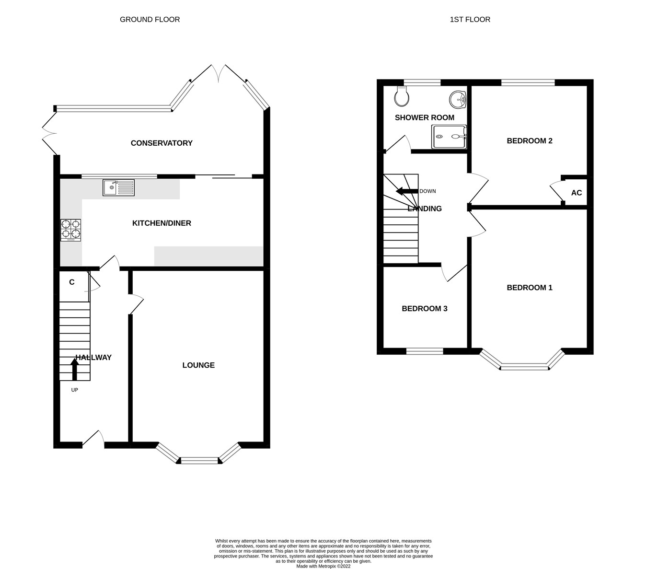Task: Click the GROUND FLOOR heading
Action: [150, 20]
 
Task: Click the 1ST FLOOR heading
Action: [470, 20]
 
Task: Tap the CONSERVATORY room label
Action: [162, 143]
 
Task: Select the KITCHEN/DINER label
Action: [162, 223]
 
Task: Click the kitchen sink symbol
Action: [118, 187]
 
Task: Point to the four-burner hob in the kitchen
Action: [70, 230]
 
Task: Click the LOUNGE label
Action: [198, 365]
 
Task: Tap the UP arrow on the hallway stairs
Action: [75, 370]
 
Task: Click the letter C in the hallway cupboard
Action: [72, 282]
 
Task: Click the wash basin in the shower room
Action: [458, 99]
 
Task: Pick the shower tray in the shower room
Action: [449, 137]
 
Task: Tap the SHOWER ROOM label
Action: [424, 117]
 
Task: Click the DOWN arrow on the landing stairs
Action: [406, 191]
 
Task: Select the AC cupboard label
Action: [577, 193]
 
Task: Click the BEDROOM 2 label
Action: [530, 141]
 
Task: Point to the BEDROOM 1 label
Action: [530, 288]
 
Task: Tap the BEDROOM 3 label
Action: [424, 309]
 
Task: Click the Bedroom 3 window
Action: [425, 351]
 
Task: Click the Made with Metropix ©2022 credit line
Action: [323, 566]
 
